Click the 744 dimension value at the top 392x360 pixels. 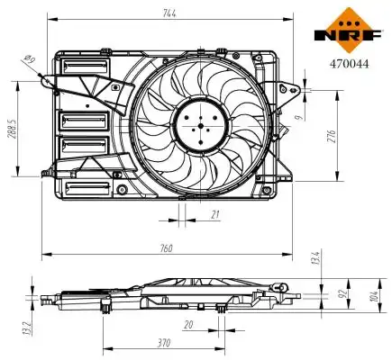169,13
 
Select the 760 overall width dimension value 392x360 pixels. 166,248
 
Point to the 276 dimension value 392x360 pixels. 332,137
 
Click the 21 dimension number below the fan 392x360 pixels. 215,214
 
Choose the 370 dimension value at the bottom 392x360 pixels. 164,342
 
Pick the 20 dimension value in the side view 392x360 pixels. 188,325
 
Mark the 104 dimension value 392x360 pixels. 373,296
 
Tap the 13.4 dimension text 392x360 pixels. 316,257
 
